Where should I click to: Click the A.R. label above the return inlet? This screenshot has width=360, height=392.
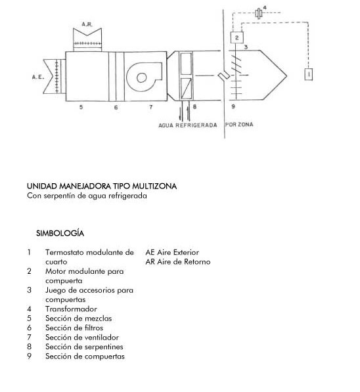pos(87,24)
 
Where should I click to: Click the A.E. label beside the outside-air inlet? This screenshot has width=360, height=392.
pos(38,77)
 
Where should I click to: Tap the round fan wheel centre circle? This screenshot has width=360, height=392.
pos(142,77)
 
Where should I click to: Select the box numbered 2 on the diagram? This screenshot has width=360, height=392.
pos(236,37)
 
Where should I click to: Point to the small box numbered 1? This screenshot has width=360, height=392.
pos(309,74)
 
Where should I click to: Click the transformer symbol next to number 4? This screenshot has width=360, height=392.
pos(259,13)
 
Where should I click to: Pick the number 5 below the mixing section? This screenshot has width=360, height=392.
pos(81,107)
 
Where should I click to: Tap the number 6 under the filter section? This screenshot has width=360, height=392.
pos(116,108)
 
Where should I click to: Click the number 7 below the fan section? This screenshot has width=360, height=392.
pos(151,107)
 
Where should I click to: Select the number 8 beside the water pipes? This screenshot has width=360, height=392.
pos(194,107)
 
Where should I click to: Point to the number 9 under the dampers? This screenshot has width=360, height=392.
pos(233,106)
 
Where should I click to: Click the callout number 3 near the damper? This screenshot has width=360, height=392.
pos(246,47)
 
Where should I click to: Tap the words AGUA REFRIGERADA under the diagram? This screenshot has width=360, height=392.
pos(188,125)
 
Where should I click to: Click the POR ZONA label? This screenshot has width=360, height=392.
pos(239,125)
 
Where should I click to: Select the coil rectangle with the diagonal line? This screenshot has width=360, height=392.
pos(186,88)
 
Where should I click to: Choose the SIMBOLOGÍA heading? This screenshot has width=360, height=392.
pos(60,234)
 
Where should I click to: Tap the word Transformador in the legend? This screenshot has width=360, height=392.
pos(71,309)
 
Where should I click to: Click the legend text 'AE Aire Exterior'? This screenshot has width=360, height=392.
pos(172,253)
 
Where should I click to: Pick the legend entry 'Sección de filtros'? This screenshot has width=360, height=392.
pos(74,328)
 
